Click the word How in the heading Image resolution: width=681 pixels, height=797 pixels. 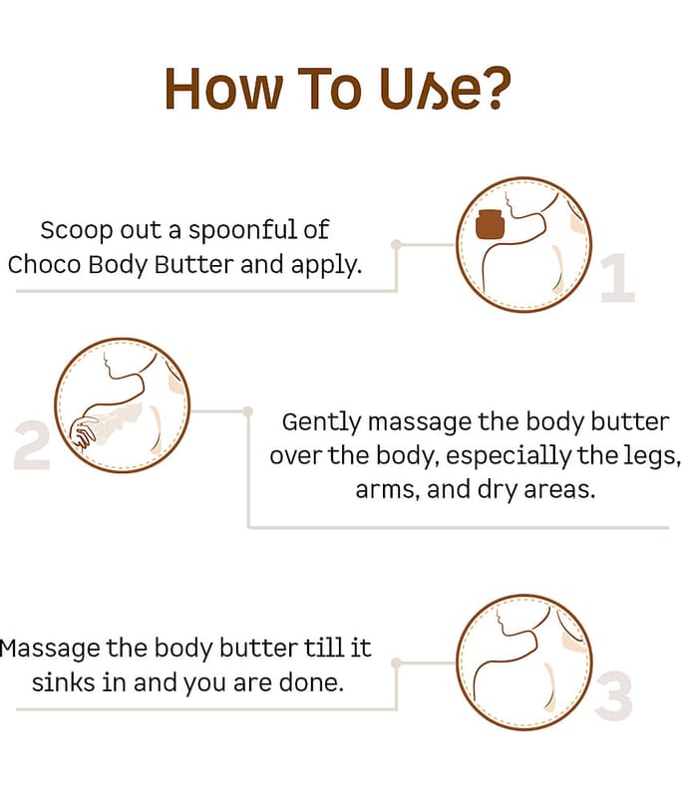[223, 89]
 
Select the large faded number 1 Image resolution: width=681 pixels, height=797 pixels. [617, 278]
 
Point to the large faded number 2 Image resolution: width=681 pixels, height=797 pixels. [33, 444]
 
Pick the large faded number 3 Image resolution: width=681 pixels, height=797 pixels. [613, 695]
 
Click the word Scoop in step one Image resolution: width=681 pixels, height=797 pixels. [77, 231]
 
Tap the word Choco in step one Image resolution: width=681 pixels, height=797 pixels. [44, 265]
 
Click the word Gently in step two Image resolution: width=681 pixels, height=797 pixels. [320, 422]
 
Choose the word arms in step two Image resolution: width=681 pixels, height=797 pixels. [387, 490]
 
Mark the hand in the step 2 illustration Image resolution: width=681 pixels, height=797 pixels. [83, 431]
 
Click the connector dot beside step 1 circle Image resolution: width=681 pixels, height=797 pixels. [397, 245]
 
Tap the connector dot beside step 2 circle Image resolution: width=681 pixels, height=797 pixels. [247, 411]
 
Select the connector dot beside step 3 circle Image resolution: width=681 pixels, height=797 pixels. [397, 663]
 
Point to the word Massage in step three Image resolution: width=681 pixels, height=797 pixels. [50, 650]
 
